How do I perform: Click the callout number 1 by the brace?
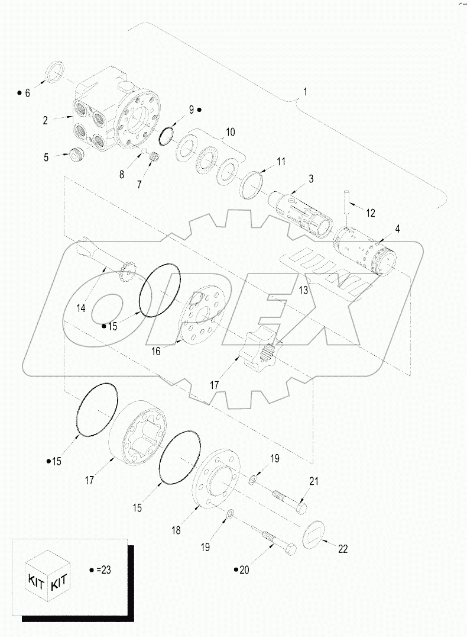pyautogui.click(x=304, y=92)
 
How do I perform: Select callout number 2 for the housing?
pyautogui.click(x=45, y=120)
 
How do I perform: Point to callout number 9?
pyautogui.click(x=191, y=109)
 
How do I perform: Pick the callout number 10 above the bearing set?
pyautogui.click(x=229, y=132)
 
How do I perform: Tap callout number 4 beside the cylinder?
pyautogui.click(x=397, y=228)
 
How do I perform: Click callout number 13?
pyautogui.click(x=303, y=289)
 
